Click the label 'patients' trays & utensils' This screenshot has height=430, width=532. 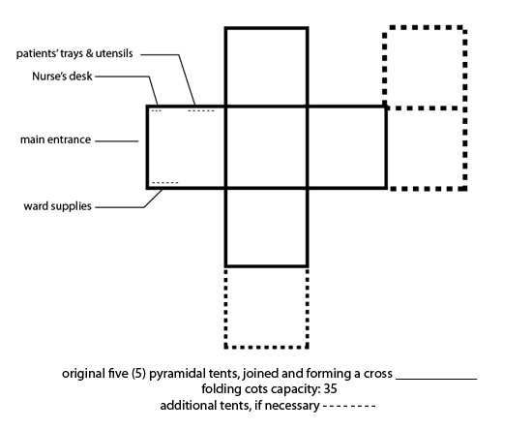click(x=74, y=53)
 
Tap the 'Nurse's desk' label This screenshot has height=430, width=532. click(x=62, y=77)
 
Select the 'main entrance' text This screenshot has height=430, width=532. click(x=56, y=139)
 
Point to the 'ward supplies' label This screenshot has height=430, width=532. click(x=58, y=206)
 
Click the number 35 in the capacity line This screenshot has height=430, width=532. click(x=330, y=388)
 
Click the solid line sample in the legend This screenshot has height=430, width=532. click(x=436, y=379)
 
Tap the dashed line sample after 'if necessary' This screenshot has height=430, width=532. click(x=349, y=405)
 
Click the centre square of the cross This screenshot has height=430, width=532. click(x=266, y=147)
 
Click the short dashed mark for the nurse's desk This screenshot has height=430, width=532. click(x=156, y=110)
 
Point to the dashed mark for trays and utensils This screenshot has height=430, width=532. click(x=201, y=110)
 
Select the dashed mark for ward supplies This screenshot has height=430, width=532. click(x=164, y=183)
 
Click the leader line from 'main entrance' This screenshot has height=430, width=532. click(x=117, y=141)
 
